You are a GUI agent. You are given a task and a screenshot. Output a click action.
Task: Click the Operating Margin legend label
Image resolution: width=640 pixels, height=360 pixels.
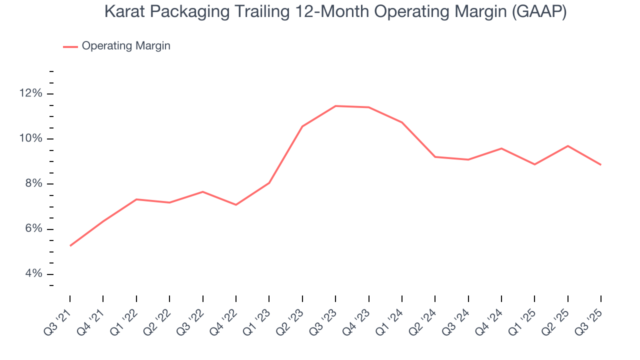point(126,46)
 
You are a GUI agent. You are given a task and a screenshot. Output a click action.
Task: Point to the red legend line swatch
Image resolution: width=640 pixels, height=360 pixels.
point(70,46)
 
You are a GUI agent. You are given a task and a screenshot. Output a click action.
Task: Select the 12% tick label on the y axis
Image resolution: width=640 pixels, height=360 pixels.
point(30,93)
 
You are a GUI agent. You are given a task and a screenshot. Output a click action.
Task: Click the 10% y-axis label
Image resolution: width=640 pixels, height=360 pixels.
point(30,138)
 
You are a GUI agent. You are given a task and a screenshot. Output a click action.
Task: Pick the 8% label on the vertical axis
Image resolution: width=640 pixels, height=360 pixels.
point(32,183)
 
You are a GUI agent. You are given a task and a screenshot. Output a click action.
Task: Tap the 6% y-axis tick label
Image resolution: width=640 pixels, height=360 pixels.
point(32,229)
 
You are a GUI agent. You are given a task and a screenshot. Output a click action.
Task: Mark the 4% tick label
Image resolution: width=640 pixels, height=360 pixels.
point(32,274)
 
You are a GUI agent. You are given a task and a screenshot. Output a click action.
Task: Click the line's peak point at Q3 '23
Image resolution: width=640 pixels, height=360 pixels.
point(335,106)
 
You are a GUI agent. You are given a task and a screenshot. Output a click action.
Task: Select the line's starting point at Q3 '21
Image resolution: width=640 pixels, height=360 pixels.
point(70,245)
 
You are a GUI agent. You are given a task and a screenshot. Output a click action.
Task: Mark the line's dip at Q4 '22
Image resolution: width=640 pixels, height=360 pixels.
point(236,204)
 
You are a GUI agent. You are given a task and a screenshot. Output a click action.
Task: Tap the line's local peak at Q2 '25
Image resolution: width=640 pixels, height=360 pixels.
point(567,146)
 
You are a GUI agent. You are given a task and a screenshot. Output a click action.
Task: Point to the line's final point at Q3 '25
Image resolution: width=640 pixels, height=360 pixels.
point(600,164)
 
